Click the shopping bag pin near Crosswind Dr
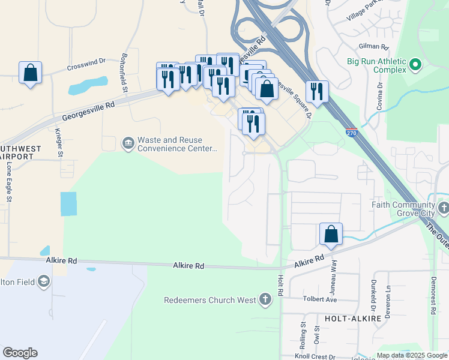click(x=31, y=74)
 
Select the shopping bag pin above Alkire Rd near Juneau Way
click(x=331, y=235)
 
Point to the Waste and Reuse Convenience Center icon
click(x=128, y=143)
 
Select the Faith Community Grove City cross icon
click(x=444, y=209)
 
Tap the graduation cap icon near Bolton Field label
click(x=43, y=281)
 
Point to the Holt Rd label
click(x=280, y=280)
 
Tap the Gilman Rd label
click(x=374, y=46)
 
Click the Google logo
click(x=20, y=353)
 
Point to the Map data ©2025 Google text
click(x=412, y=355)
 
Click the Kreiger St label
click(x=59, y=142)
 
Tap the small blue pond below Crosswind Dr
click(x=88, y=86)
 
